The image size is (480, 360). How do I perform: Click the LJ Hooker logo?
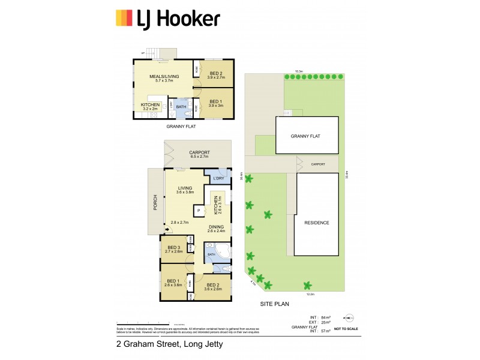167,19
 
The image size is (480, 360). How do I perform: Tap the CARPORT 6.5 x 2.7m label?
198,154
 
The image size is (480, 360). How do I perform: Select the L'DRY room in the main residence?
218,178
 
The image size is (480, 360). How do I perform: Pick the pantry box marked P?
197,211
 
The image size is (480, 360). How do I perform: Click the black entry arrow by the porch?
166,229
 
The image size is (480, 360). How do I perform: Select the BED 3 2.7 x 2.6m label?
174,250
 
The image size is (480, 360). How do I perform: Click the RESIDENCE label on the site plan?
316,223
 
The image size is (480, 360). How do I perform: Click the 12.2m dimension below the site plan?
310,294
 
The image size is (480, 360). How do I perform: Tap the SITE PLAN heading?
275,304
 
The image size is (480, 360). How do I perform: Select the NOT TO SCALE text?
347,329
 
